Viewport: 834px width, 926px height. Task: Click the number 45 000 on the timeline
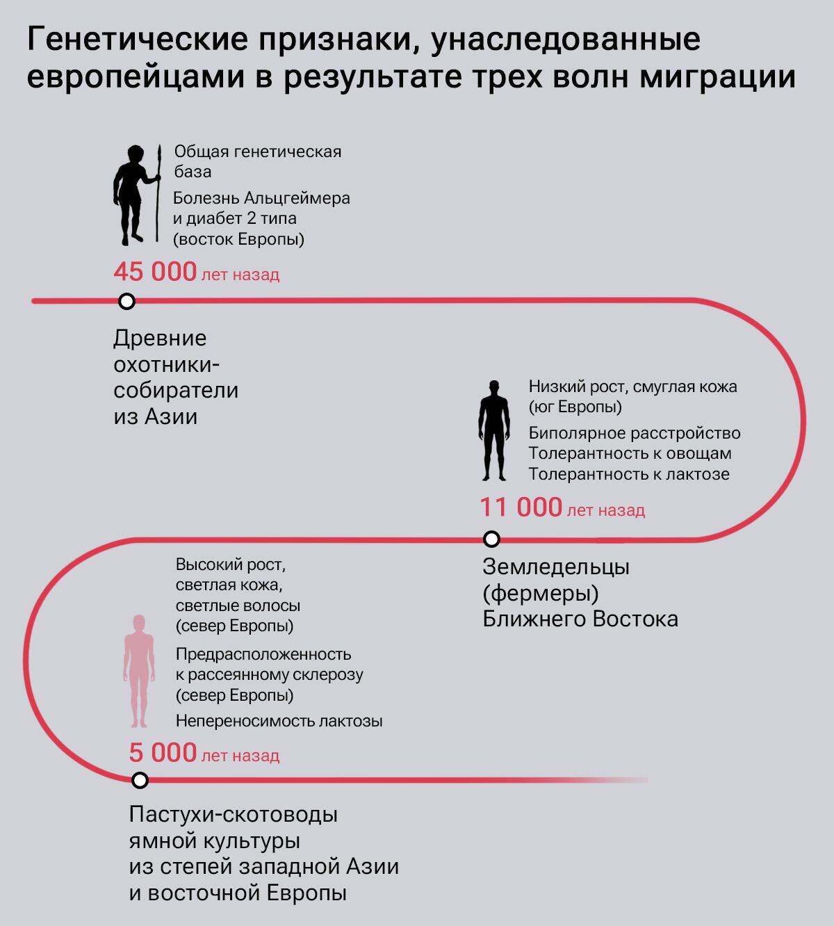tap(155, 272)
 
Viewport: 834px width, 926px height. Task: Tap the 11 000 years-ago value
tap(521, 507)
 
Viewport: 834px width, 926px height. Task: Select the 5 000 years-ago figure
tap(163, 753)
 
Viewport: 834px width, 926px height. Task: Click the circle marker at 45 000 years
tap(126, 301)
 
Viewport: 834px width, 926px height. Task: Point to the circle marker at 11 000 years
tap(491, 539)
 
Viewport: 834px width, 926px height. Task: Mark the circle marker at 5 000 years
tap(140, 780)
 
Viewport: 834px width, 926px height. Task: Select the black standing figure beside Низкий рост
tap(493, 431)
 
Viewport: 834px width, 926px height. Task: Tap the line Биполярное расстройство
tap(634, 433)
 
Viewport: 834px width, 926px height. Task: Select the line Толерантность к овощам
tap(630, 453)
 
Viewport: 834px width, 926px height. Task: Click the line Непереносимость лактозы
tap(279, 721)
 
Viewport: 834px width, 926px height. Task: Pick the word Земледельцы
tap(556, 567)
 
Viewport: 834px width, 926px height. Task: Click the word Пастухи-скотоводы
tap(234, 814)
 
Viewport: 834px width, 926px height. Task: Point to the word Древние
tap(160, 339)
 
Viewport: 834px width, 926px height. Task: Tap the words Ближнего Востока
tap(580, 619)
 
